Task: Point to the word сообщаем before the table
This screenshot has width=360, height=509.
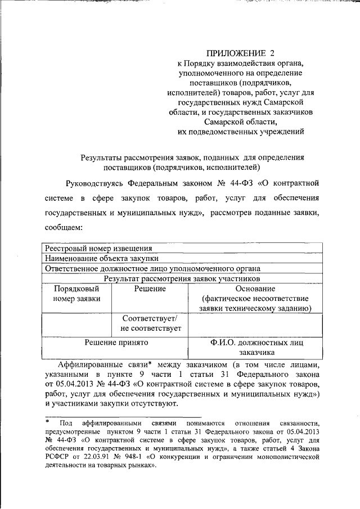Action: pos(64,228)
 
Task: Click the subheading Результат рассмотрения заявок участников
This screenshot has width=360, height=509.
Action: pos(182,278)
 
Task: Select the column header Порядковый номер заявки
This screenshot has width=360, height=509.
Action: pos(76,293)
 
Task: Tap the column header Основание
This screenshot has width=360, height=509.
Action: pos(255,288)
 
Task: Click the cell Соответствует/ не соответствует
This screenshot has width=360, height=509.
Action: pos(150,323)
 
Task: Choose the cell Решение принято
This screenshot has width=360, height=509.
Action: pos(116,342)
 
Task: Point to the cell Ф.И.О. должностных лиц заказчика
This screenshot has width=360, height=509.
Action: pos(255,347)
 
